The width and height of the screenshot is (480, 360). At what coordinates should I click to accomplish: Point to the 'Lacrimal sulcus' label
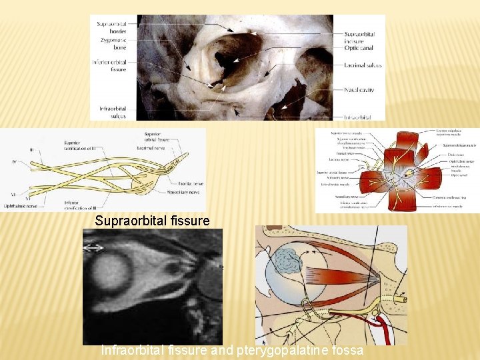point(364,67)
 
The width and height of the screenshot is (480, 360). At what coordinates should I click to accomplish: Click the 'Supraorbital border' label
point(112,27)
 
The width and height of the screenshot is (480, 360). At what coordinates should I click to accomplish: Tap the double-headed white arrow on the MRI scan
point(93,247)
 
